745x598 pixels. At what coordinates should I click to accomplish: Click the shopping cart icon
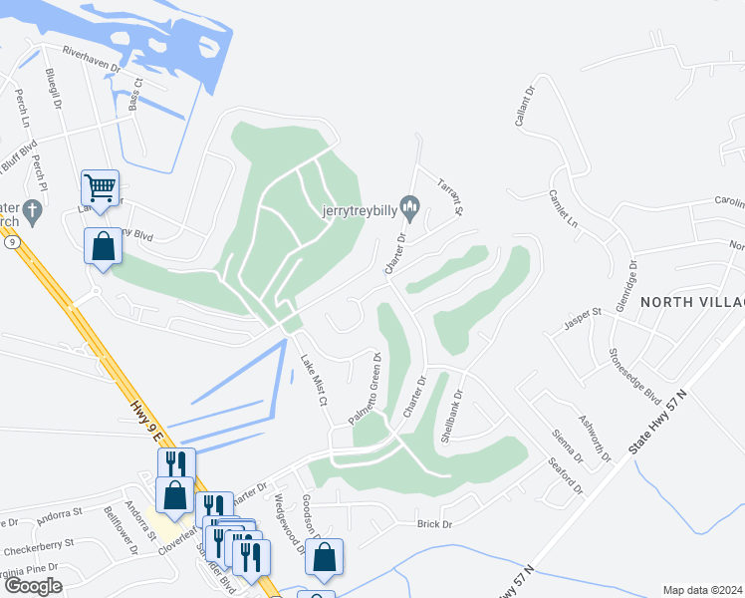100,187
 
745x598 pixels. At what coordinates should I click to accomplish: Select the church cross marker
33,211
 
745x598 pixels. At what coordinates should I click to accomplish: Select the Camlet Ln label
564,209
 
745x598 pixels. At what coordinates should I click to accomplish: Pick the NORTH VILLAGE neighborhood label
692,302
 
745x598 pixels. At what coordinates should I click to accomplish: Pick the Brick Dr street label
434,524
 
